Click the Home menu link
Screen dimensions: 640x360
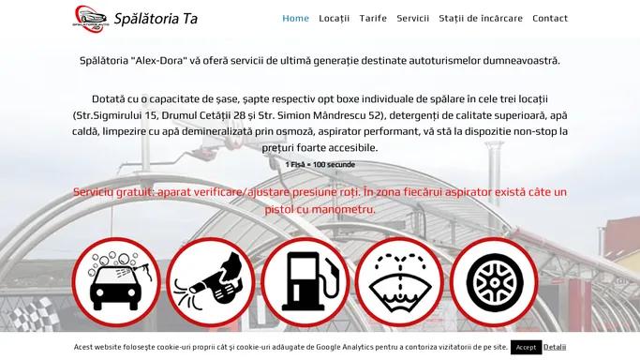295,19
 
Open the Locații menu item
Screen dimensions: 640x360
335,19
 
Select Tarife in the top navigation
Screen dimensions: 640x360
373,19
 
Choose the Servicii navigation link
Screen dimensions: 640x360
412,19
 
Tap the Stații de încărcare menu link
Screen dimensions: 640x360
481,19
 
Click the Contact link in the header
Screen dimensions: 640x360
550,19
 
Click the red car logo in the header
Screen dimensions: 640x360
90,19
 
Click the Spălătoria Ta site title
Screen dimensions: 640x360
156,19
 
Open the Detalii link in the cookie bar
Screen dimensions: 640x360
555,347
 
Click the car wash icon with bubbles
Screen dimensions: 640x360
117,282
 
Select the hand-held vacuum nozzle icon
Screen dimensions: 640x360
211,282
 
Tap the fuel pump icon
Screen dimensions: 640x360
305,282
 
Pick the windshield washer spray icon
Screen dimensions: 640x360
399,282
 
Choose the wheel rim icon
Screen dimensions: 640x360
494,282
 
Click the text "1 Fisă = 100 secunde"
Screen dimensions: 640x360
320,164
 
